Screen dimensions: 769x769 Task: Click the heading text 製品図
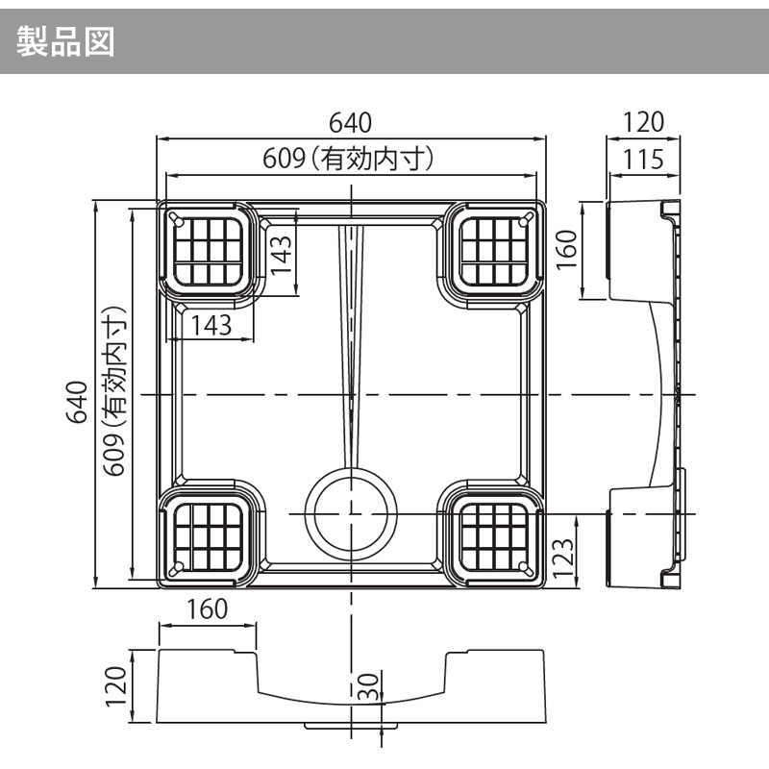(66, 40)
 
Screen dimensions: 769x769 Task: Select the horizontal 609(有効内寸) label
(350, 158)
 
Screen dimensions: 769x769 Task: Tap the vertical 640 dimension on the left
(77, 402)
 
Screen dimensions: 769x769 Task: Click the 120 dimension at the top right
(643, 123)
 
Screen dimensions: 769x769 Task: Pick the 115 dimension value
(643, 159)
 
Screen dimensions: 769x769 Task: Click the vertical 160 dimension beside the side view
(565, 250)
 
